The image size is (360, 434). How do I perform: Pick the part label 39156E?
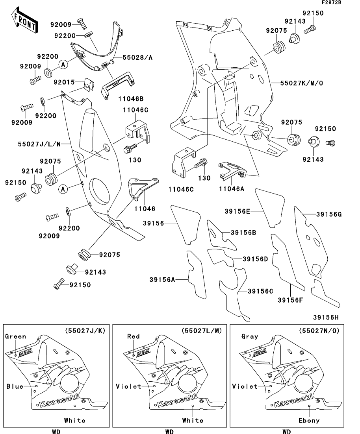point(238,211)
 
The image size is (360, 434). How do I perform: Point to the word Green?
point(15,336)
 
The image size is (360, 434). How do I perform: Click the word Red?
point(133,336)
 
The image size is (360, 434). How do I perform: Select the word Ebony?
point(309,420)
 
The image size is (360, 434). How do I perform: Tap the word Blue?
point(15,386)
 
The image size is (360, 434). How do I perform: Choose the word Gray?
point(250,336)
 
